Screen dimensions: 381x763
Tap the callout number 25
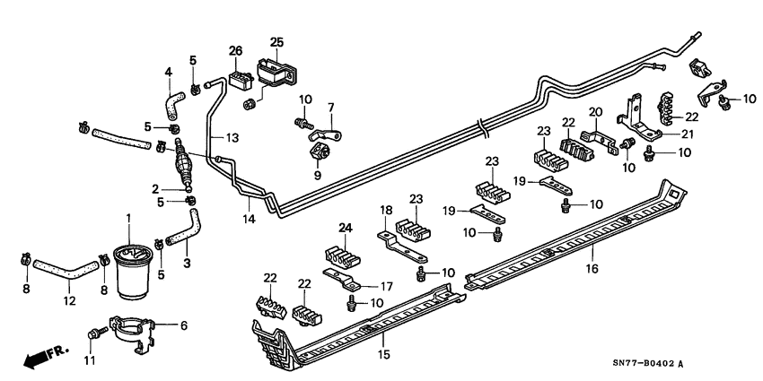[x=276, y=42]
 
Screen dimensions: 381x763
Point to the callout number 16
[x=592, y=267]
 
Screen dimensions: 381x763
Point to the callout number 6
[x=184, y=325]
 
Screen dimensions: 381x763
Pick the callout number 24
[x=345, y=227]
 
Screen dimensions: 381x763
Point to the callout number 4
[x=167, y=72]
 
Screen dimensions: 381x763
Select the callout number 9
[x=317, y=176]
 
